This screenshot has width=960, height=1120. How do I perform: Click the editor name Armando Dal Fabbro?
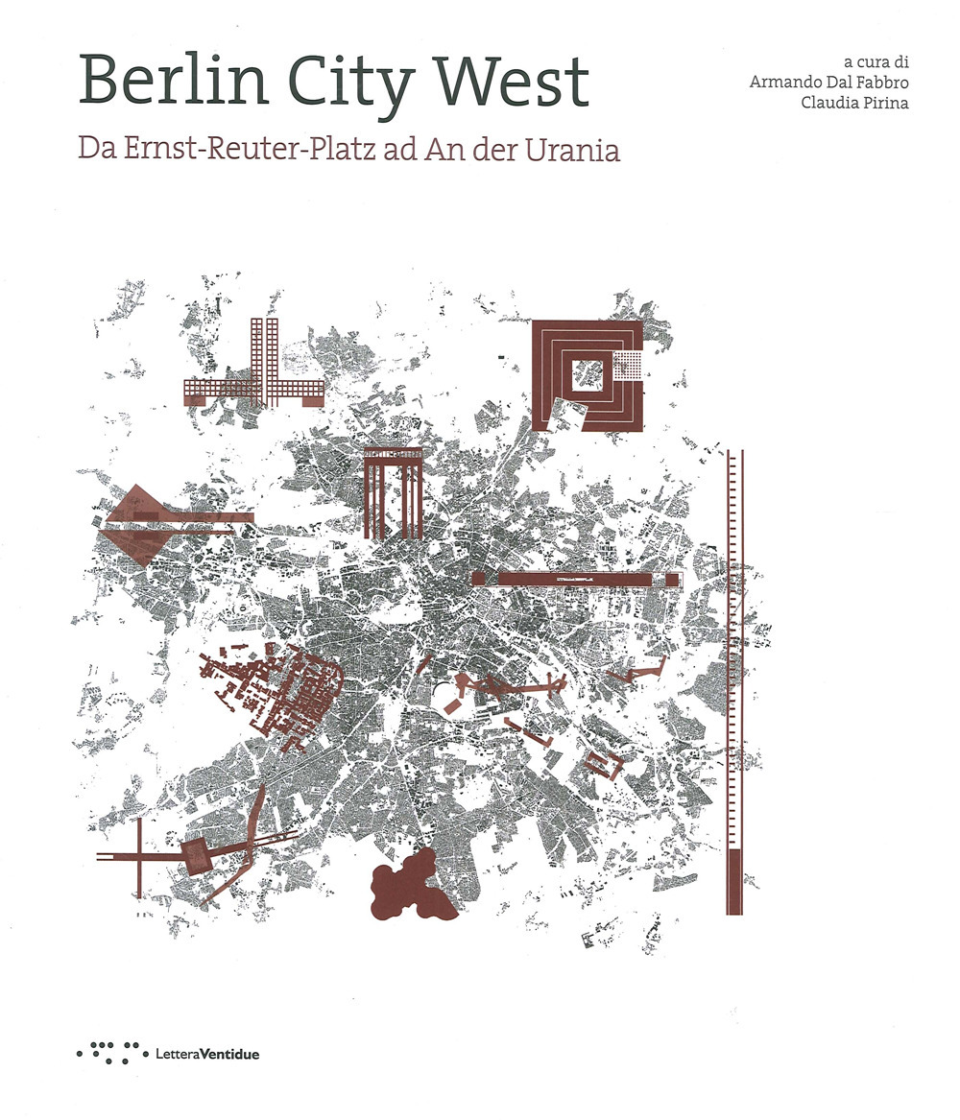point(828,80)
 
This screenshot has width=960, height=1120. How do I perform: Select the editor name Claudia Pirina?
point(855,103)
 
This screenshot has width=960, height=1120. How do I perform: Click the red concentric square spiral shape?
point(587,375)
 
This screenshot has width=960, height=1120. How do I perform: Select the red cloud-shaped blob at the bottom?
point(407,889)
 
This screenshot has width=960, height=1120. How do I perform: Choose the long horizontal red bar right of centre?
point(577,578)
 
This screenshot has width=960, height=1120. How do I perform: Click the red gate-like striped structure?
point(393,495)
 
